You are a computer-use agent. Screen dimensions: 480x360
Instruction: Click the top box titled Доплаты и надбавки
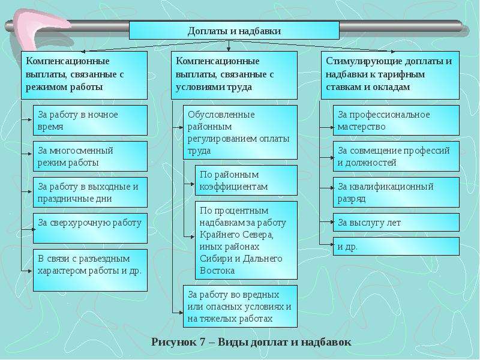click(234, 31)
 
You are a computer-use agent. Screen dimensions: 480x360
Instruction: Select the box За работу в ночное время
click(90, 121)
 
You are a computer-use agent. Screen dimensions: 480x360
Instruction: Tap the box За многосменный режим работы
click(90, 156)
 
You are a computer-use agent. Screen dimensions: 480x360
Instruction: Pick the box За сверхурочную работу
click(90, 229)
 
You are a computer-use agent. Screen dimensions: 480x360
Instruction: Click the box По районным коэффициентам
click(246, 181)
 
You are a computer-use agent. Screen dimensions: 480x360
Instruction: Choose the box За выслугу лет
click(396, 222)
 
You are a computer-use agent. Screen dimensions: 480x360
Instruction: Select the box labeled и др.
click(396, 246)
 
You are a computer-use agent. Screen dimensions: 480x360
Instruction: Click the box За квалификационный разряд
click(396, 192)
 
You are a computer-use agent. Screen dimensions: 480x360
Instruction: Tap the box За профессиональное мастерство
click(396, 121)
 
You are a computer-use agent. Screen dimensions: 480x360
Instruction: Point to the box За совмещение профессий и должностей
click(396, 156)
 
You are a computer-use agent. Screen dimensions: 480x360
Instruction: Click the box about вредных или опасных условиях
click(240, 307)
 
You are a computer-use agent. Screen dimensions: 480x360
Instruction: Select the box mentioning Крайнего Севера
click(246, 241)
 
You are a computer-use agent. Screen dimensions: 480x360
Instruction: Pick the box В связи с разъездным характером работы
click(90, 271)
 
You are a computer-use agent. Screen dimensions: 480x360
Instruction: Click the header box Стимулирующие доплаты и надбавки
click(390, 76)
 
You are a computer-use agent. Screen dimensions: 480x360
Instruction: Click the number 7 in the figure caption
click(202, 341)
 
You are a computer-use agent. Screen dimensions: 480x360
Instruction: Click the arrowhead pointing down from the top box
click(229, 48)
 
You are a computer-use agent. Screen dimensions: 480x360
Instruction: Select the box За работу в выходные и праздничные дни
click(90, 192)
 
